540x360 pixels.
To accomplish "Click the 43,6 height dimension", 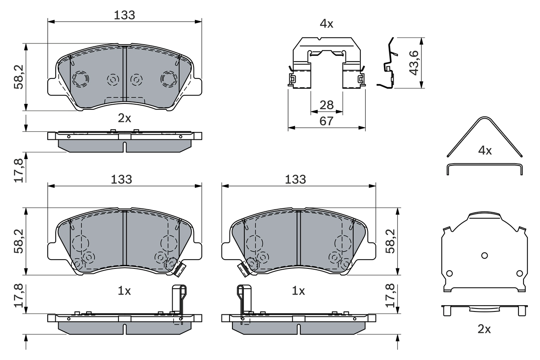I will point(413,63).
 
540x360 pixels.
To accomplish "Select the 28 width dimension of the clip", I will point(326,105).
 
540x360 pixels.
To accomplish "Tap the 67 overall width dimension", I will point(326,121).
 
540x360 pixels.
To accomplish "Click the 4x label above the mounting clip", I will point(326,24).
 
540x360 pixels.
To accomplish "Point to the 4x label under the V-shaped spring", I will point(484,150).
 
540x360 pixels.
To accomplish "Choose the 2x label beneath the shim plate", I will point(484,329).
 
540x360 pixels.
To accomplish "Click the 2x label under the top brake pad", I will point(124,118).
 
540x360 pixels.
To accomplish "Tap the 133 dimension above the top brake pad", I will point(124,15).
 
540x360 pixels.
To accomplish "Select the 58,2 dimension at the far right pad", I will point(391,241).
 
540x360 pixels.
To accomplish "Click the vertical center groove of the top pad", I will point(124,76).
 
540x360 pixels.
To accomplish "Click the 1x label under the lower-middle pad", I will point(298,291).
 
